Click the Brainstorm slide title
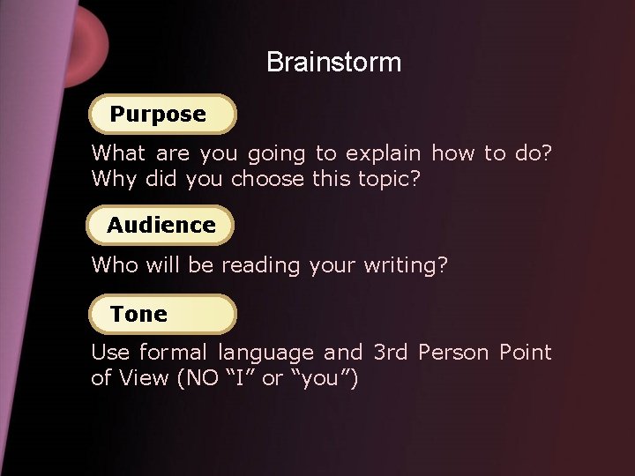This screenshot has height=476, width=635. tap(333, 63)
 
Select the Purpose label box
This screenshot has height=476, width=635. tap(162, 114)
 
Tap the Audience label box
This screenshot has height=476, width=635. tap(161, 225)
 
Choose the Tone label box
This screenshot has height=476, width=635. tap(162, 314)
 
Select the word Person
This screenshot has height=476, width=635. tap(454, 353)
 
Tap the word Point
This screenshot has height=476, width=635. tap(525, 353)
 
